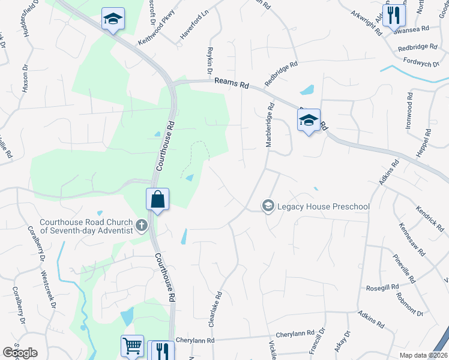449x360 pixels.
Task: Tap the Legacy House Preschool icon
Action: pyautogui.click(x=268, y=206)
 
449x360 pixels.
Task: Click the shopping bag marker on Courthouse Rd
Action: pyautogui.click(x=157, y=199)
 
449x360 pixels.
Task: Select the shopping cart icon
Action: pyautogui.click(x=132, y=346)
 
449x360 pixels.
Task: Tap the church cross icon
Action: pyautogui.click(x=141, y=226)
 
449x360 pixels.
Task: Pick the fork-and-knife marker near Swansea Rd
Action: pyautogui.click(x=394, y=15)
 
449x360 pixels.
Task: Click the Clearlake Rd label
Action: pyautogui.click(x=219, y=306)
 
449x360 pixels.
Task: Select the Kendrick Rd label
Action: pyautogui.click(x=430, y=219)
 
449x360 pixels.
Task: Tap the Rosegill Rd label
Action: pyautogui.click(x=382, y=288)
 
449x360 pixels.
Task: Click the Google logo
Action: pyautogui.click(x=20, y=353)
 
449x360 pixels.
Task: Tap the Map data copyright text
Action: pyautogui.click(x=423, y=355)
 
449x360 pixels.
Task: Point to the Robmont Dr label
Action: pyautogui.click(x=410, y=305)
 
